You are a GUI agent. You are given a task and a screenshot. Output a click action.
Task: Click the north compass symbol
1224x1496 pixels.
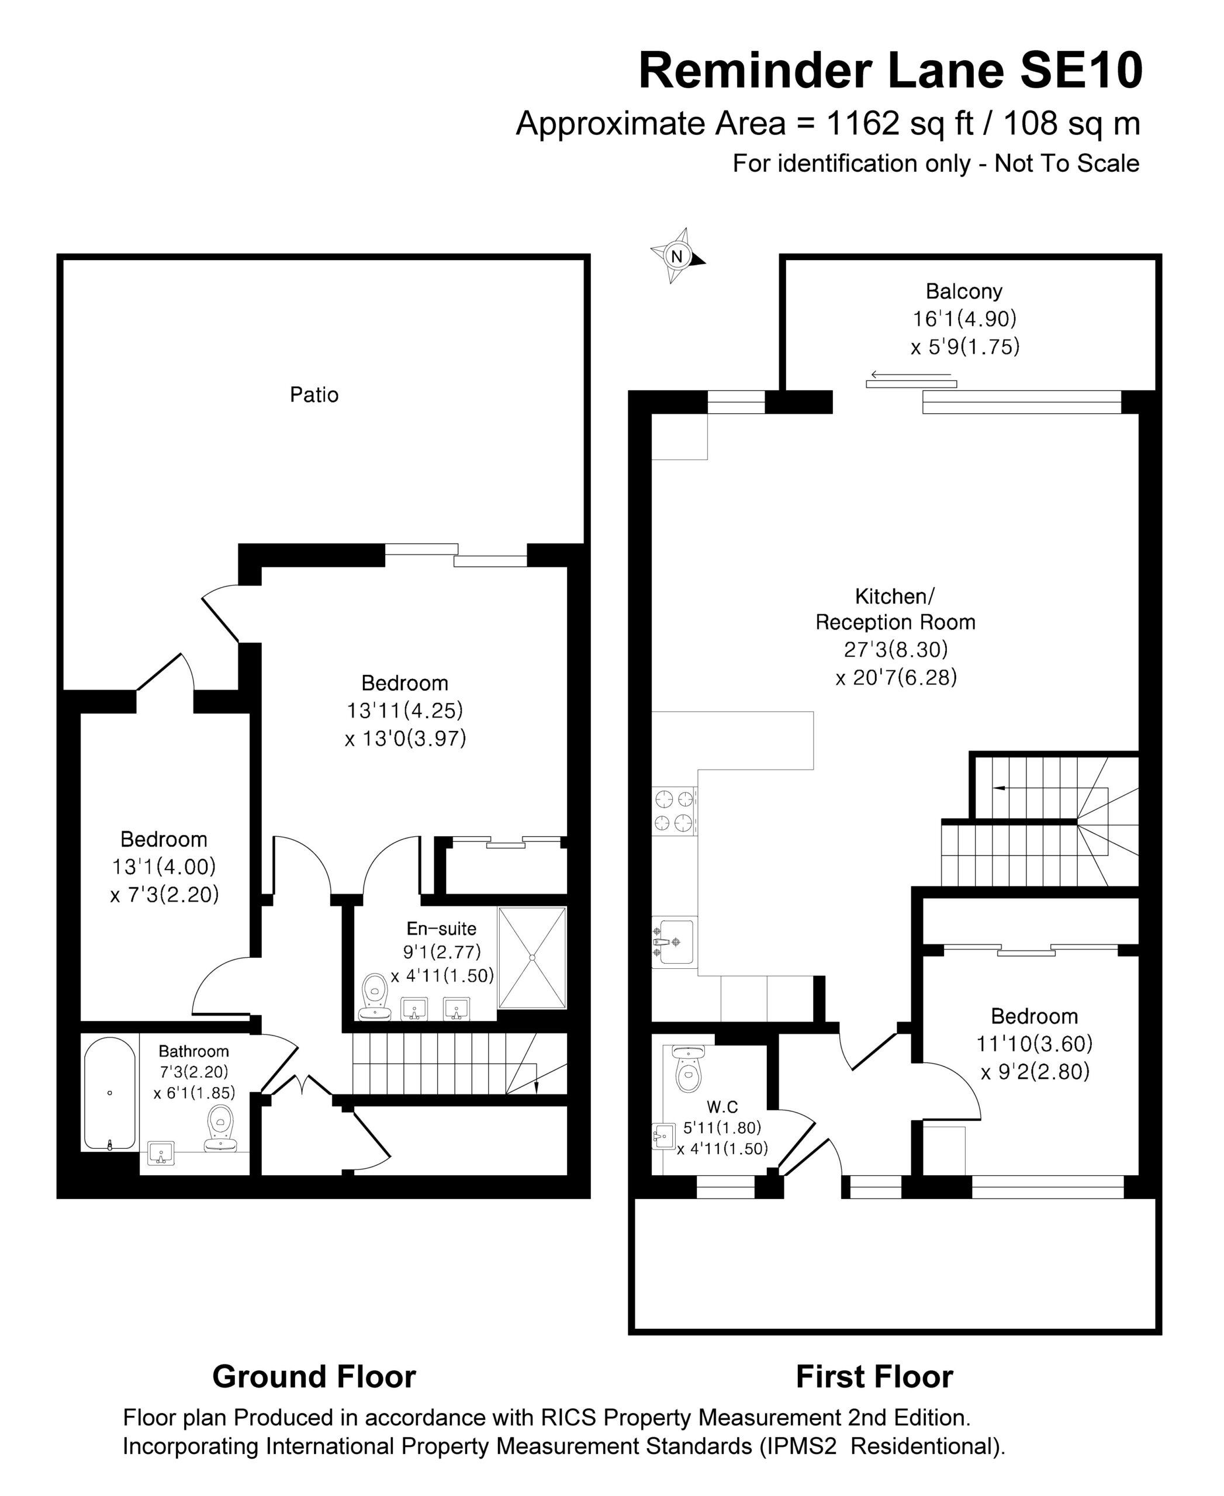(677, 256)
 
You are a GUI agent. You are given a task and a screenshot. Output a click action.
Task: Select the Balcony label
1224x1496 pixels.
(963, 291)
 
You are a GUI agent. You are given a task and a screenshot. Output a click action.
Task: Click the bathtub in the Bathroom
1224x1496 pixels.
(109, 1093)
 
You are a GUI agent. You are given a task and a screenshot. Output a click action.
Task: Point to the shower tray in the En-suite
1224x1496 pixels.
(533, 957)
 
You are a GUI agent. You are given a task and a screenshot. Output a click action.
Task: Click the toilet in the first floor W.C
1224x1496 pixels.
(688, 1069)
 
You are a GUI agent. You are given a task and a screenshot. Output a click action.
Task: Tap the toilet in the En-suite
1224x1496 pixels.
(375, 996)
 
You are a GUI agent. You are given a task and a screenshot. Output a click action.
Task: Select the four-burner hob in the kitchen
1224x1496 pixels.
(675, 811)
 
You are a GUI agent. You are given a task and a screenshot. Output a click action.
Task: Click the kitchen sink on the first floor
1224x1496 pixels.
(673, 942)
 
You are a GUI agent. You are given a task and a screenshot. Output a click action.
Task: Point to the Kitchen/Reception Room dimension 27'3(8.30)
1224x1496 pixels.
(895, 649)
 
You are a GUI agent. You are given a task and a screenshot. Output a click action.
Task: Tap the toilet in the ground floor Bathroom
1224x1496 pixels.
(221, 1128)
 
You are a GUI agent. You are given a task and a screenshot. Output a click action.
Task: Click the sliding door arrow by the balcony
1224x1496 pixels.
(910, 375)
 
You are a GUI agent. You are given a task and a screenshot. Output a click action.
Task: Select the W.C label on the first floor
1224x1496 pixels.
(722, 1107)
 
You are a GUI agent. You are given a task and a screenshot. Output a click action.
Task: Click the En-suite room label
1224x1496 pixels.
(441, 929)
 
